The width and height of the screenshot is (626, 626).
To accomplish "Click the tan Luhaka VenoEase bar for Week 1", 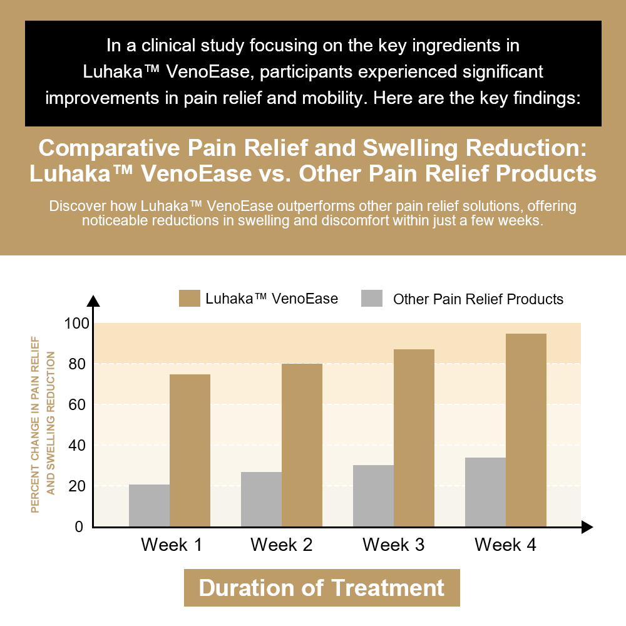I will [x=190, y=451].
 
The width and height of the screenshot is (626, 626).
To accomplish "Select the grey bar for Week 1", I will [x=149, y=506].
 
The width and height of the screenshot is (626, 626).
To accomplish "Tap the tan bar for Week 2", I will [x=302, y=445].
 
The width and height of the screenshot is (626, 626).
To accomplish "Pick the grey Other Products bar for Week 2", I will [x=261, y=500].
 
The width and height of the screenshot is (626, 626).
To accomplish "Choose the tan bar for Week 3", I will [x=414, y=438].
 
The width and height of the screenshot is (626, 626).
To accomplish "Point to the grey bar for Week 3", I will [x=373, y=496].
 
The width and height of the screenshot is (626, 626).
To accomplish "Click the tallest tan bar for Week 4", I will [x=526, y=430].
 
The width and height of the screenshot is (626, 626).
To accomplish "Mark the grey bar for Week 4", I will [x=485, y=492].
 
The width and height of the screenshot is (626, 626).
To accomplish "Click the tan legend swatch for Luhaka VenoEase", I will [x=188, y=299].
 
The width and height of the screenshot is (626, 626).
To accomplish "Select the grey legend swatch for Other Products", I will [x=372, y=299].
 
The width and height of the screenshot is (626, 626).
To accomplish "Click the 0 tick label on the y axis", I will [x=80, y=527].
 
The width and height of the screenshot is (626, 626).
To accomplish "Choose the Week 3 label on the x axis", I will [x=393, y=545].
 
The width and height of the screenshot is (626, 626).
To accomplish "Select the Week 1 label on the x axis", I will [x=172, y=545].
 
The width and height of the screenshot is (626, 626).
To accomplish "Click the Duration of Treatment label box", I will [x=322, y=588].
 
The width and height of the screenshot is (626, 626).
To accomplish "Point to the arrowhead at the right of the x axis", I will [x=587, y=527].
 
